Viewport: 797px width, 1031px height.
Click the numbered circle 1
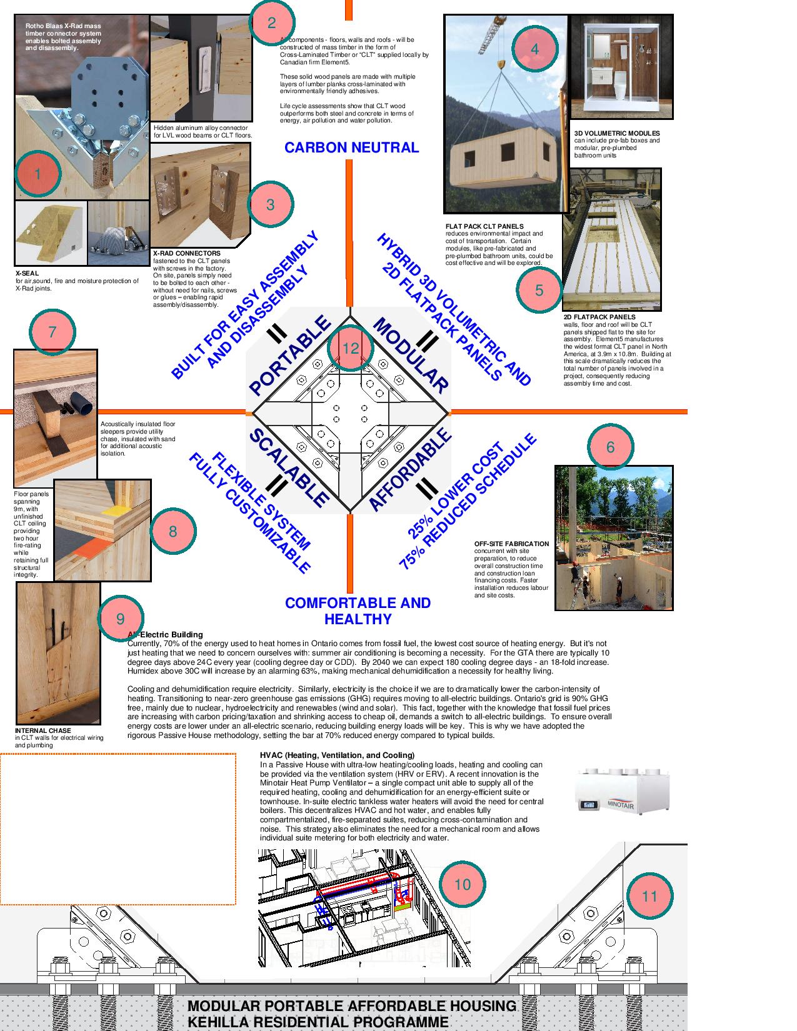click(x=38, y=174)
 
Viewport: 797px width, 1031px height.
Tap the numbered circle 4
click(x=534, y=49)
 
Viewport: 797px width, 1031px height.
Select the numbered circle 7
click(x=53, y=331)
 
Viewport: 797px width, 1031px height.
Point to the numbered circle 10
click(x=462, y=884)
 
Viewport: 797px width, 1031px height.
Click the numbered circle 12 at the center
click(x=350, y=348)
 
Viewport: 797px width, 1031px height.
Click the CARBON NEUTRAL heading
click(x=351, y=147)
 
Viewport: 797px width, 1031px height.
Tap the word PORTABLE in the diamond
click(x=289, y=356)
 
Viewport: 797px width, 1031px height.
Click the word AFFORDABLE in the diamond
click(x=410, y=470)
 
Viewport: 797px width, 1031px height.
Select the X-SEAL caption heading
click(x=27, y=274)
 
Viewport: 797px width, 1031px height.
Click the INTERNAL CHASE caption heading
click(x=43, y=730)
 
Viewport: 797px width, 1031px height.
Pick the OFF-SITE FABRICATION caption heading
click(x=511, y=544)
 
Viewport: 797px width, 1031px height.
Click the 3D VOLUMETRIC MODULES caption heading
click(x=617, y=133)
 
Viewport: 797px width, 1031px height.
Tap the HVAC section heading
click(x=337, y=755)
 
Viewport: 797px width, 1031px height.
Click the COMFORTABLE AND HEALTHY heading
click(x=358, y=611)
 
